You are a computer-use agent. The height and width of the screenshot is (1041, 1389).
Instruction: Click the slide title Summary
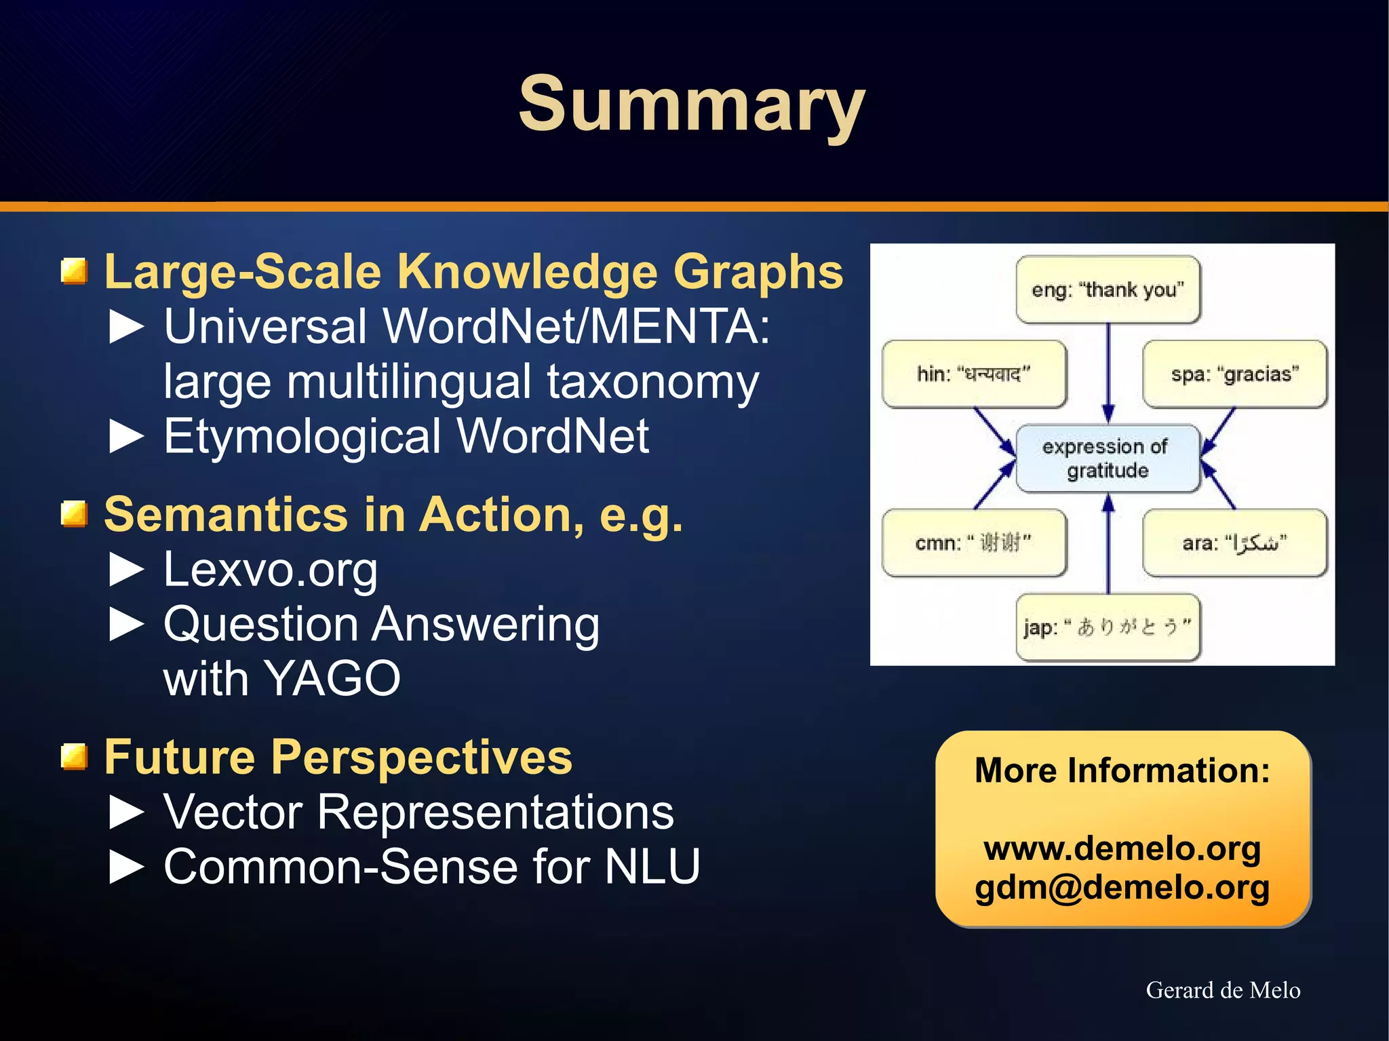coord(691,105)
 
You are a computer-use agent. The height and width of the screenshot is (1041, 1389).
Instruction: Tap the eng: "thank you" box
coord(1108,290)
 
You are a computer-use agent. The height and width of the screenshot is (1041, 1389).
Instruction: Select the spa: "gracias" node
coord(1234,374)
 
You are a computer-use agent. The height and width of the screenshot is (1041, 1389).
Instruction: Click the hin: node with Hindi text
coord(974,374)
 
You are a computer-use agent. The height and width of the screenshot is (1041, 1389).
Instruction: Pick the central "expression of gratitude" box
coord(1108,458)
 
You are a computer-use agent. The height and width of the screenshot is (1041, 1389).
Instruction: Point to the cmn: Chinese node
coord(974,543)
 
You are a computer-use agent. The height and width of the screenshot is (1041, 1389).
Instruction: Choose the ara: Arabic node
coord(1234,543)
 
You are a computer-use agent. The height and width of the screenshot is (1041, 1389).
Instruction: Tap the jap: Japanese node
coord(1108,627)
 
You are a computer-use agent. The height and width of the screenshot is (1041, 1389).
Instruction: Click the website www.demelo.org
coord(1122,848)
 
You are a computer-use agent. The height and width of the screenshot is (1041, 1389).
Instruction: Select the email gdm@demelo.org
coord(1122,887)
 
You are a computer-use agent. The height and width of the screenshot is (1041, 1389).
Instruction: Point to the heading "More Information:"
coord(1122,770)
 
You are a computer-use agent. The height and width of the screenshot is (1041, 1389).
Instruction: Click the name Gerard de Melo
coord(1223,990)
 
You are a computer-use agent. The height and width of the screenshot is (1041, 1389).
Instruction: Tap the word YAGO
coord(332,678)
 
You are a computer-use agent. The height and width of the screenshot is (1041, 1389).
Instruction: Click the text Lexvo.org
coord(270,570)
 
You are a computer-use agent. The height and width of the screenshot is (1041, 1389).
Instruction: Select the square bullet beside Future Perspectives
coord(74,757)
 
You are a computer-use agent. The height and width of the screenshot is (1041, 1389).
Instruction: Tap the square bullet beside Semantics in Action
coord(74,514)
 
